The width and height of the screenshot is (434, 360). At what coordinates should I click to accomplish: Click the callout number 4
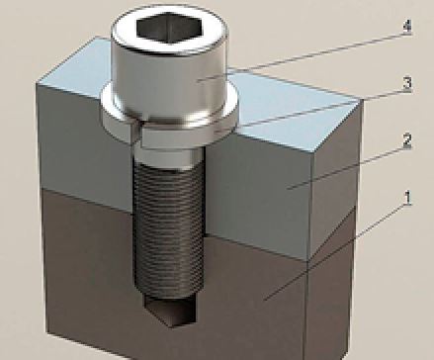407,27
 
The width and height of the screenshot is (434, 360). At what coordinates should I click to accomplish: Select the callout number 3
407,83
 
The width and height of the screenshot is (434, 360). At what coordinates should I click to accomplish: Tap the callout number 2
407,140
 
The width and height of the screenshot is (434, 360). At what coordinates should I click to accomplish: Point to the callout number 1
408,198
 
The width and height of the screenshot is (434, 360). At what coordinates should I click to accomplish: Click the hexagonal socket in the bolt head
169,28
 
